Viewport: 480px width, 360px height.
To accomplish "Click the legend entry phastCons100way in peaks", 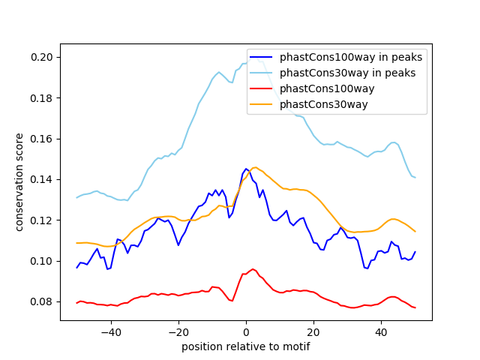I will point(351,57).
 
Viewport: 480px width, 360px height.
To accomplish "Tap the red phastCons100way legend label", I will point(327,88).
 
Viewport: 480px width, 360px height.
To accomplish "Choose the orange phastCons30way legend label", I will point(324,104).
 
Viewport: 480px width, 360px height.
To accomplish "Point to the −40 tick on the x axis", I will point(110,332).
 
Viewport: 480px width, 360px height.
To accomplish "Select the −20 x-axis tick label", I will point(178,332).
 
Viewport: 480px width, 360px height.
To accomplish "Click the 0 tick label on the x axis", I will point(246,332).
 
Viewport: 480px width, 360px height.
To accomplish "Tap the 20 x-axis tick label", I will point(313,332).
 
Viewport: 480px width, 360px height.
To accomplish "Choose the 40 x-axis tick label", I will point(381,332).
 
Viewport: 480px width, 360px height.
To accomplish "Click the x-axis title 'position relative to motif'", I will point(245,347).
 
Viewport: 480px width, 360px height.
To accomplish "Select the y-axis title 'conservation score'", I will point(19,182).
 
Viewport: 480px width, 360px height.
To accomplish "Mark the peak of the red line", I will point(253,268).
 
